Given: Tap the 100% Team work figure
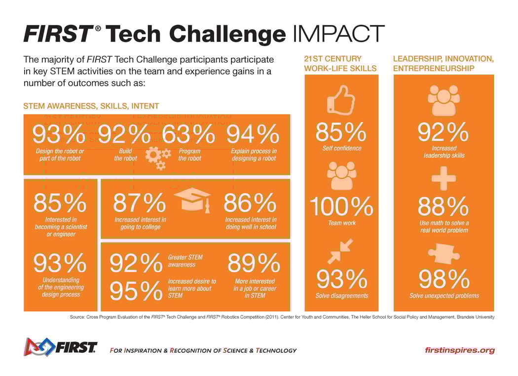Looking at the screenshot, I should coord(341,206).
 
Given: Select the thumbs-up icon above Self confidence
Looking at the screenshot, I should coord(341,101).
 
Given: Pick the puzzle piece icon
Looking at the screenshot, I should coord(444,255).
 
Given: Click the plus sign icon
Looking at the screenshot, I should coord(444,178).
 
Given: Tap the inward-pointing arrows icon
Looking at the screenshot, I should coord(341,251).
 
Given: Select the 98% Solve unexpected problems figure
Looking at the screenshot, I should coord(444,279).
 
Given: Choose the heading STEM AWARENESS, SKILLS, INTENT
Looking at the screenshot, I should coord(91,106).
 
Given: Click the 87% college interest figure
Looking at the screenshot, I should coord(140,203).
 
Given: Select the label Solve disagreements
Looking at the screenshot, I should coord(341,296).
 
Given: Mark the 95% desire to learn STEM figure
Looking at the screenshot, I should coord(136,291).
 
